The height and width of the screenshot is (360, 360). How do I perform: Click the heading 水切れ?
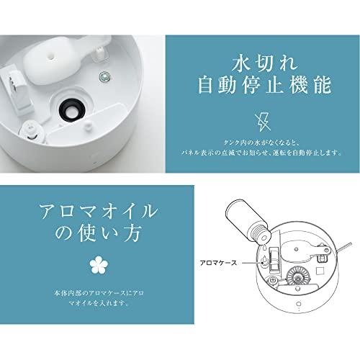click(264, 63)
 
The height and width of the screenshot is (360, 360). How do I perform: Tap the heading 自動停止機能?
click(264, 85)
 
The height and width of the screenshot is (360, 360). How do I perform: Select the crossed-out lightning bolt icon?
click(264, 122)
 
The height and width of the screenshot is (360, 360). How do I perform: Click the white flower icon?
click(99, 265)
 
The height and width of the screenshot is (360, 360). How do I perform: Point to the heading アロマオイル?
click(99, 211)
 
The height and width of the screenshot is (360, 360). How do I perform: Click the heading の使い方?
click(98, 233)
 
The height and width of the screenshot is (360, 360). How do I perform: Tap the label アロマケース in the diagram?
click(218, 263)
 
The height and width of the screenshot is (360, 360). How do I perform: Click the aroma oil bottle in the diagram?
click(248, 221)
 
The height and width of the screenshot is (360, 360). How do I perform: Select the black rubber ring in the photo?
click(72, 110)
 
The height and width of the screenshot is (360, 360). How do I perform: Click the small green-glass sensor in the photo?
click(105, 76)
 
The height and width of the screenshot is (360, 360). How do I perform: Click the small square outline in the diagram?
click(320, 271)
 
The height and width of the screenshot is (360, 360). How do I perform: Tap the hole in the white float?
click(52, 55)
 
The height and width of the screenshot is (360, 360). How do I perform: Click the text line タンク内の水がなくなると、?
click(261, 143)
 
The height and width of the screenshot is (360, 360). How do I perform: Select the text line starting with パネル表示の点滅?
click(261, 153)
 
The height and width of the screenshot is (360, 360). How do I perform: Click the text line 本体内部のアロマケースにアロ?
click(99, 293)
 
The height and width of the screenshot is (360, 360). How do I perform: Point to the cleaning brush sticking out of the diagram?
click(343, 248)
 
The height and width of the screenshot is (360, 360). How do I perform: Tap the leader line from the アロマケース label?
click(252, 263)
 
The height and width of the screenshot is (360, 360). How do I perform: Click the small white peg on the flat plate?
click(88, 125)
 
